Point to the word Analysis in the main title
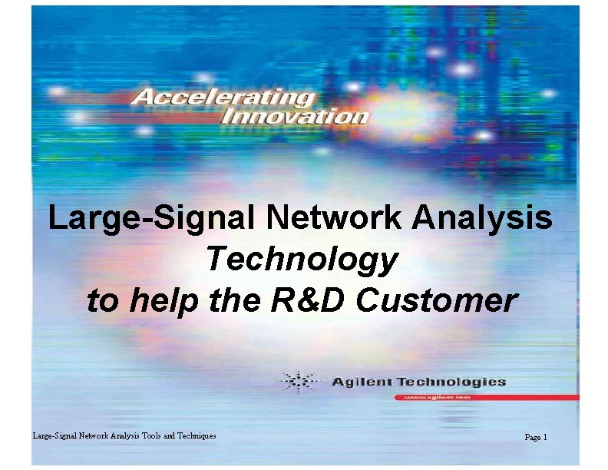[481, 219]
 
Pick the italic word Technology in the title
[302, 260]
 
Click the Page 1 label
[535, 437]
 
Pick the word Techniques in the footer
[198, 436]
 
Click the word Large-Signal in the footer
[52, 436]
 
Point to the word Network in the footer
[90, 436]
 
